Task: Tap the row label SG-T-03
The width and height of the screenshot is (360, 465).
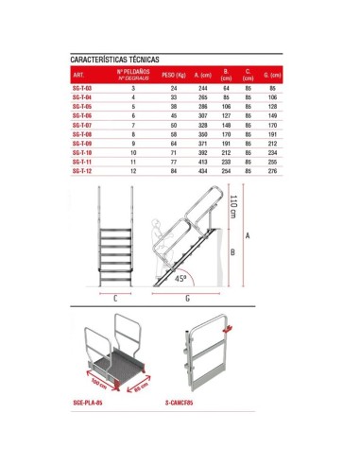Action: coord(82,86)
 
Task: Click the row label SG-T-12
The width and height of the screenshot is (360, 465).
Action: coord(82,171)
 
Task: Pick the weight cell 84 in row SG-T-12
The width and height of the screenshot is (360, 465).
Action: coord(174,171)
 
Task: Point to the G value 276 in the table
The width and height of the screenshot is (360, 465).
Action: coord(272,171)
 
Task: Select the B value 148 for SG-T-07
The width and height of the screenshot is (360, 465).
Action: coord(226,124)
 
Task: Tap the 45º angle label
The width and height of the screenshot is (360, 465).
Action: coord(180,280)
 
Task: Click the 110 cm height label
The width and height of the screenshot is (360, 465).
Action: coord(232,205)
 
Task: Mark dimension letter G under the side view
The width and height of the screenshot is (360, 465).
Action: coord(188,298)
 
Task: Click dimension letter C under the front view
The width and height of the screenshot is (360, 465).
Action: coord(113,298)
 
